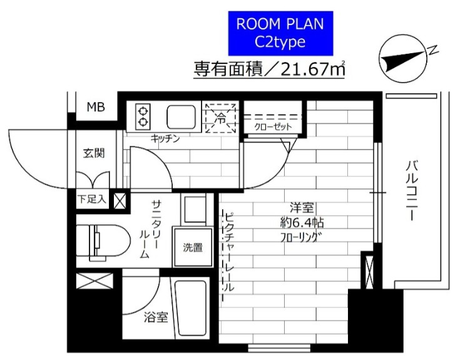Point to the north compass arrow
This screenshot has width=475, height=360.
407,59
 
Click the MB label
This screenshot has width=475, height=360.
96,107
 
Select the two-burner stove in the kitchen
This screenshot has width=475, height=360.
143,116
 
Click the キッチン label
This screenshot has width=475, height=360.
165,139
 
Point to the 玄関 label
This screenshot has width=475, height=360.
94,153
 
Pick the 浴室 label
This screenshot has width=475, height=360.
156,317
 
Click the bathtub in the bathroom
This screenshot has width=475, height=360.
190,309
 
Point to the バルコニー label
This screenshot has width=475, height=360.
411,191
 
